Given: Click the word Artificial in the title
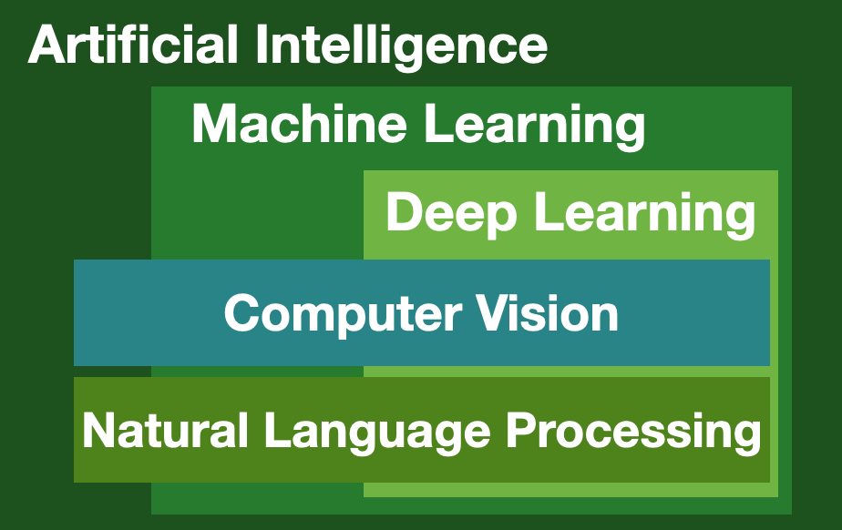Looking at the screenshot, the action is (x=133, y=45).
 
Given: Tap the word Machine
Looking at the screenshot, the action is (x=299, y=123).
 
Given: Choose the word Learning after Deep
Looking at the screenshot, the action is (x=645, y=215).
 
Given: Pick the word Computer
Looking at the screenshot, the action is (x=344, y=314).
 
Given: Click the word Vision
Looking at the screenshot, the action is (x=549, y=312).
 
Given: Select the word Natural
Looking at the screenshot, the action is (x=165, y=429).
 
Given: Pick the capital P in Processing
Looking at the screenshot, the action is (x=523, y=429).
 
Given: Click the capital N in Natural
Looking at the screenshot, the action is (x=98, y=429).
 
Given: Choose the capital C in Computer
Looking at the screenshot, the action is (x=243, y=313).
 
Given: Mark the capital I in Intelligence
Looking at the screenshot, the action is (x=261, y=45).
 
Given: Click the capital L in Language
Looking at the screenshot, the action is (x=279, y=429).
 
